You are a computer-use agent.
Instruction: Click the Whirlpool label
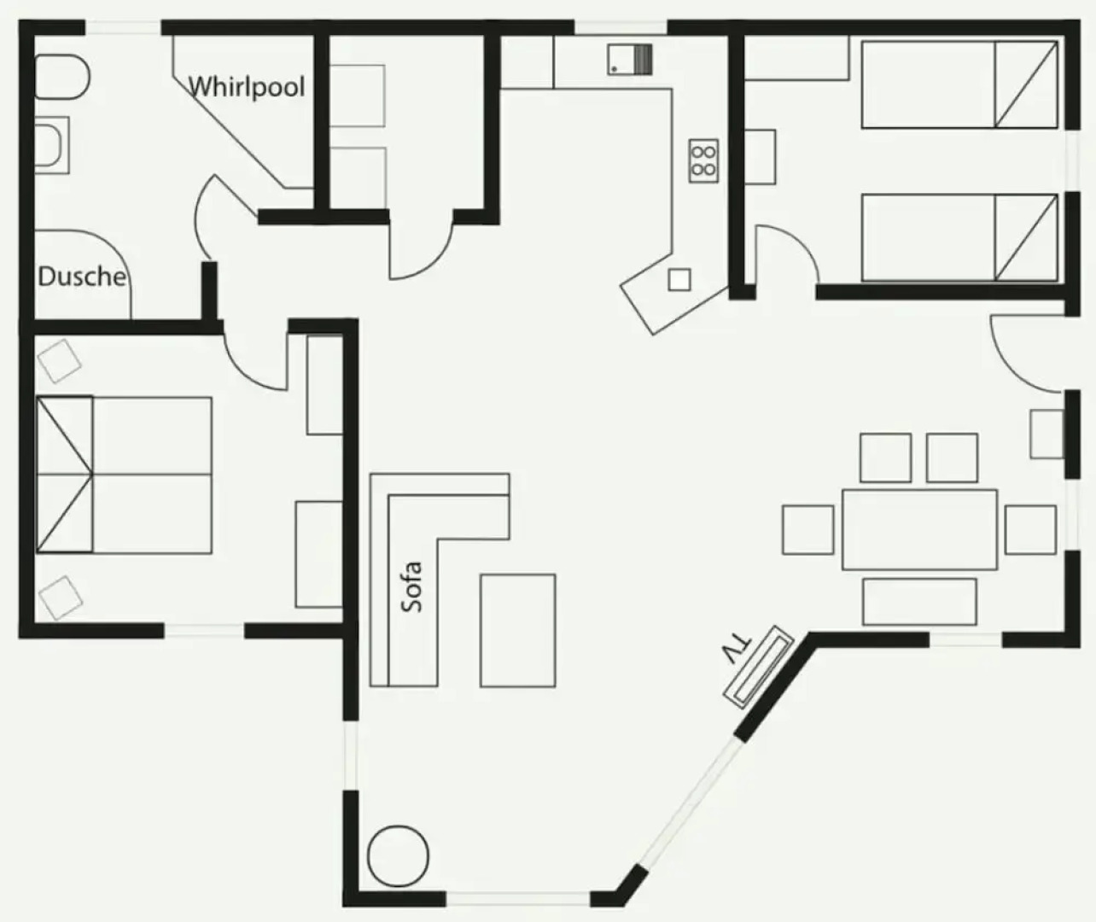(246, 87)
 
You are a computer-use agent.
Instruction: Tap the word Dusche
(82, 276)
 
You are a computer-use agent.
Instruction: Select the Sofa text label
(412, 586)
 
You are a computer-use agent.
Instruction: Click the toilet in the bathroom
(61, 77)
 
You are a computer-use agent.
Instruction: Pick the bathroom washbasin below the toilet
(52, 144)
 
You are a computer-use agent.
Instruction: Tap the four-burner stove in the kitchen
(703, 160)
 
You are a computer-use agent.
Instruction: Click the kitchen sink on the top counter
(630, 60)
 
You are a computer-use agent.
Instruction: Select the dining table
(919, 529)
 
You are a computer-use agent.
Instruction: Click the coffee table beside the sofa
(517, 630)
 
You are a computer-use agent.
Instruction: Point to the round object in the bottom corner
(398, 856)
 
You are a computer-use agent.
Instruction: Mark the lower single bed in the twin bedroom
(959, 237)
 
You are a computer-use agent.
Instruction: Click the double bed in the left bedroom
(124, 475)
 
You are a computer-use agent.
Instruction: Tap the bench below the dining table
(919, 601)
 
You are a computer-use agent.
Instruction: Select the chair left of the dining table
(807, 529)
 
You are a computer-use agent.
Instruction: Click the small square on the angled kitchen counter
(679, 279)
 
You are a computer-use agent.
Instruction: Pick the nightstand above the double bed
(60, 360)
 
